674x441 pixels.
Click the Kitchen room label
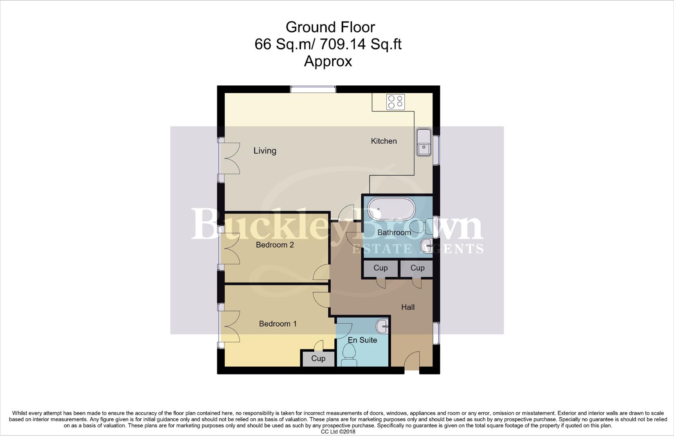(383, 141)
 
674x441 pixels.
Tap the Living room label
(264, 151)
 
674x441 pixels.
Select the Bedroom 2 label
(275, 245)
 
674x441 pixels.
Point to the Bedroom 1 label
(278, 324)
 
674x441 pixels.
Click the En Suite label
(362, 340)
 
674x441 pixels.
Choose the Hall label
(408, 307)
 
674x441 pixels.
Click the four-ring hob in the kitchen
(395, 102)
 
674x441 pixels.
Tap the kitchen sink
(424, 143)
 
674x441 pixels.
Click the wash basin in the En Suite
(383, 325)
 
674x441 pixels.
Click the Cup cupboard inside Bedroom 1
(318, 359)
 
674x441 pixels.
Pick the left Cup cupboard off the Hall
(380, 268)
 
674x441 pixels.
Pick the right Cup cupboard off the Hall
(417, 268)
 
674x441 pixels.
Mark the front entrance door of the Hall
(412, 362)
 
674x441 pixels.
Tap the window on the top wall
(313, 89)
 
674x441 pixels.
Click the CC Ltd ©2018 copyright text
(338, 432)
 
